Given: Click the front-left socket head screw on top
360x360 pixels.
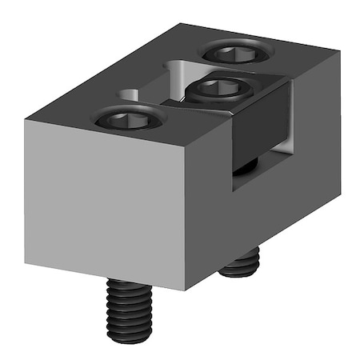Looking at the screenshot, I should (128, 120).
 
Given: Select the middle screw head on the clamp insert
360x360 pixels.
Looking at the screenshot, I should (217, 87).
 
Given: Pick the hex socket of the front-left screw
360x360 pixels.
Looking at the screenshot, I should (128, 119).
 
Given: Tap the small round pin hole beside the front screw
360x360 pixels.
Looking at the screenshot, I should (130, 94).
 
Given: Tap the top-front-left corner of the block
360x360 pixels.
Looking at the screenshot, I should (25, 121).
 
